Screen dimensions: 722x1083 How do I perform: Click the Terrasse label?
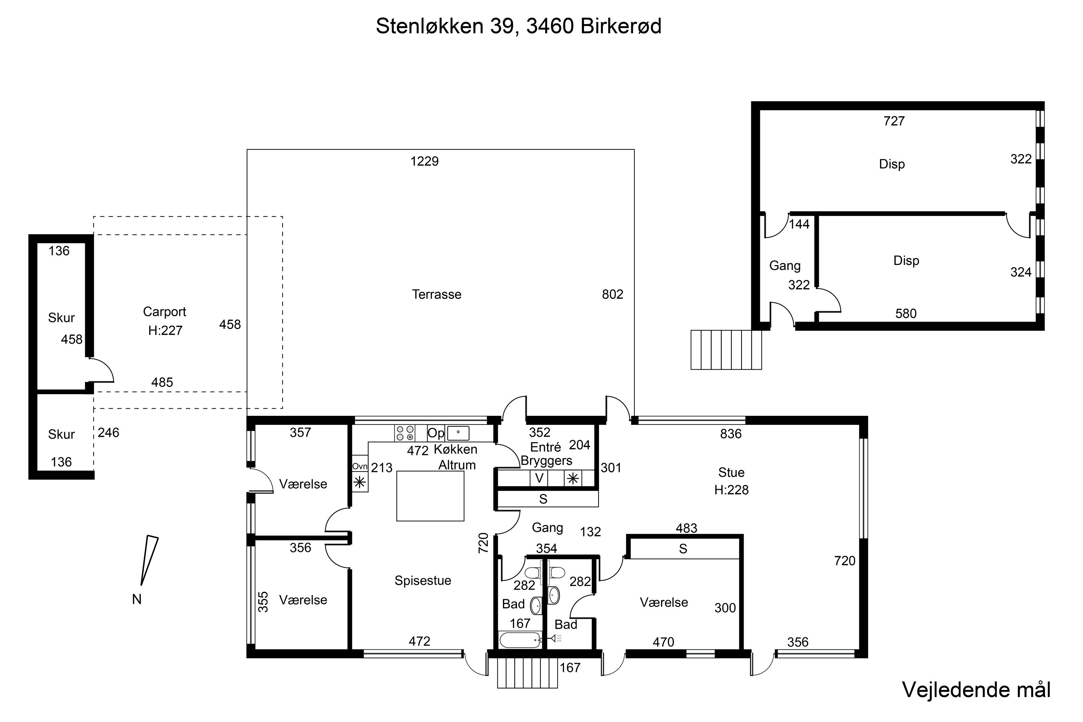point(436,294)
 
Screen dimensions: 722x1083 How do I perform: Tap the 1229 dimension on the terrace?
point(424,161)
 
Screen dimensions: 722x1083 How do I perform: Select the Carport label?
point(164,312)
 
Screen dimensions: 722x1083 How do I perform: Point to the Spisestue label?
point(422,580)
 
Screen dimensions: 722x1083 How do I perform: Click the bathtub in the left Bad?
point(519,640)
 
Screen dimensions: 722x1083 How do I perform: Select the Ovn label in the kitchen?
point(360,466)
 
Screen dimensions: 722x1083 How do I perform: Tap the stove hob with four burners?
point(405,433)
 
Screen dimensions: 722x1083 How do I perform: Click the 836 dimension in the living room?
point(730,434)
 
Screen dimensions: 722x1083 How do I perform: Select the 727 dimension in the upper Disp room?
point(894,121)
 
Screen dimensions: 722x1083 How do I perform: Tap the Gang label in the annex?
point(784,266)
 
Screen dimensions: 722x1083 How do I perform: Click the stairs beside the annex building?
point(726,349)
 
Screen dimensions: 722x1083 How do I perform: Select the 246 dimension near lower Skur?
point(108,432)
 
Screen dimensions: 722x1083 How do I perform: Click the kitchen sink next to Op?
point(458,433)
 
